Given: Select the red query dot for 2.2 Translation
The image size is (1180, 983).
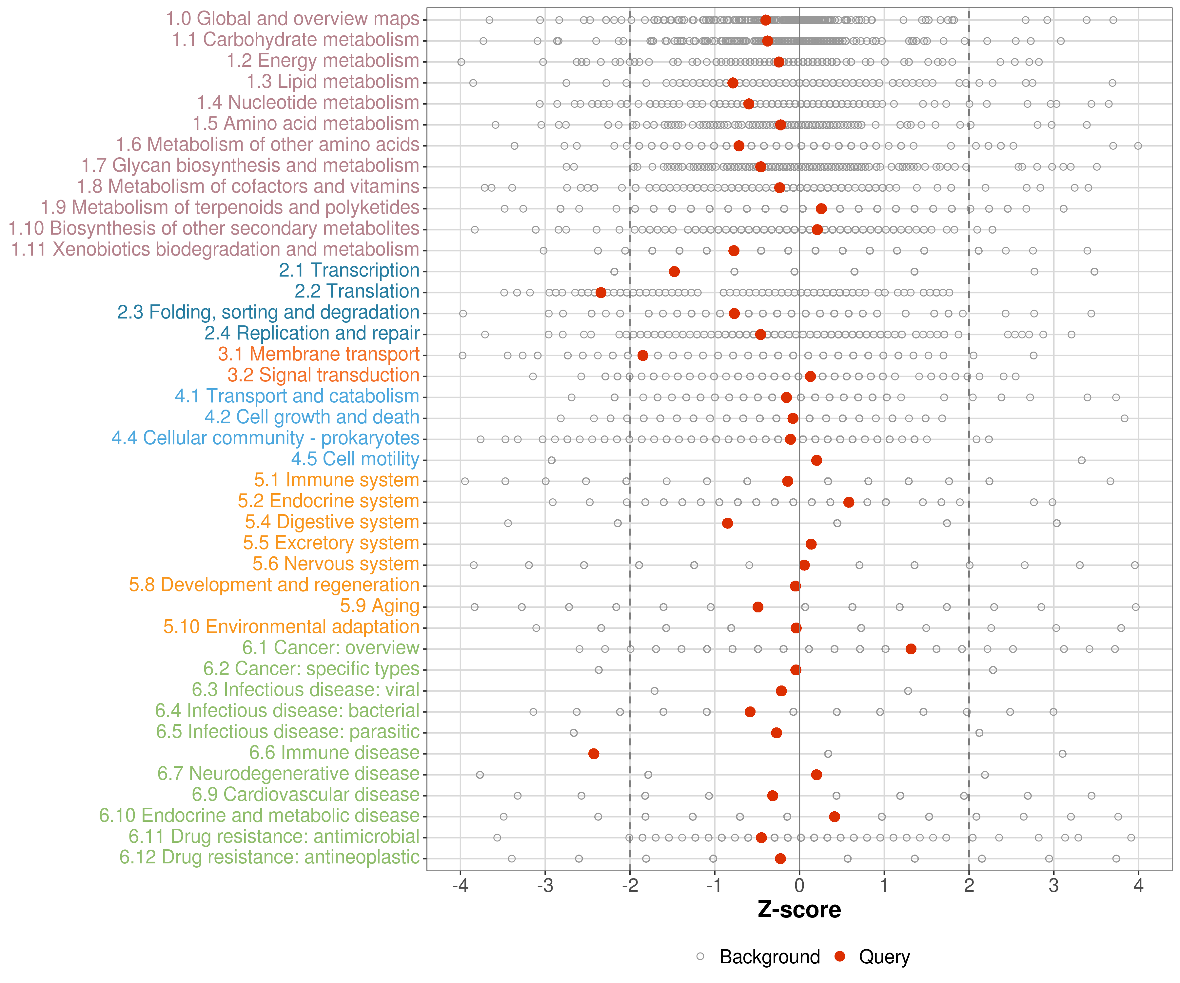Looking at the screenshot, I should click(601, 293).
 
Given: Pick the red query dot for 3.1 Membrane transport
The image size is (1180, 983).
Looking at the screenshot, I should click(643, 356).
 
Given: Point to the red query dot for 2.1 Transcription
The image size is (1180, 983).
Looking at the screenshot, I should click(674, 272).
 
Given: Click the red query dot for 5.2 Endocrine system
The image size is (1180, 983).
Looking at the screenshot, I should click(849, 502).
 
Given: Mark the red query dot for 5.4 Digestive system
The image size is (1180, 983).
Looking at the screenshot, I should click(727, 524).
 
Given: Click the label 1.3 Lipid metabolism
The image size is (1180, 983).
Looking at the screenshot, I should click(333, 82).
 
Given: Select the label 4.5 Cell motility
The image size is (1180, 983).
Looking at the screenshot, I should click(355, 459).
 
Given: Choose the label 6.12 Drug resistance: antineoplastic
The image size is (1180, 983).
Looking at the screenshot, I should click(269, 858).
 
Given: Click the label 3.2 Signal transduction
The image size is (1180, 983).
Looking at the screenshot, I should click(323, 375).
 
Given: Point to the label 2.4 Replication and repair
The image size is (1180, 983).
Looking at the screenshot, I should click(312, 334).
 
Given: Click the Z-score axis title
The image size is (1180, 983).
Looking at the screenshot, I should click(799, 910).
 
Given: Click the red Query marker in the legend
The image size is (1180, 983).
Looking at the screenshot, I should click(840, 956).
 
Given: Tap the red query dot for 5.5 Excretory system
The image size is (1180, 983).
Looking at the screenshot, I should click(811, 544).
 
